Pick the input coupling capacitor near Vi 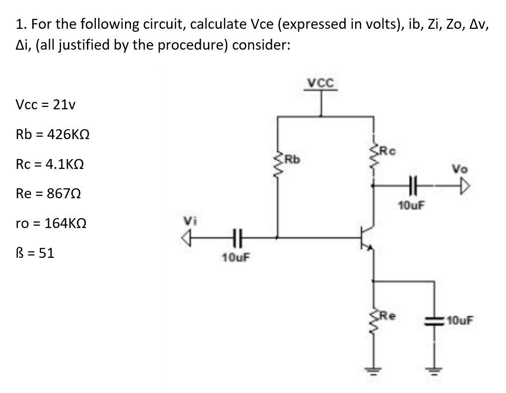pos(235,237)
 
